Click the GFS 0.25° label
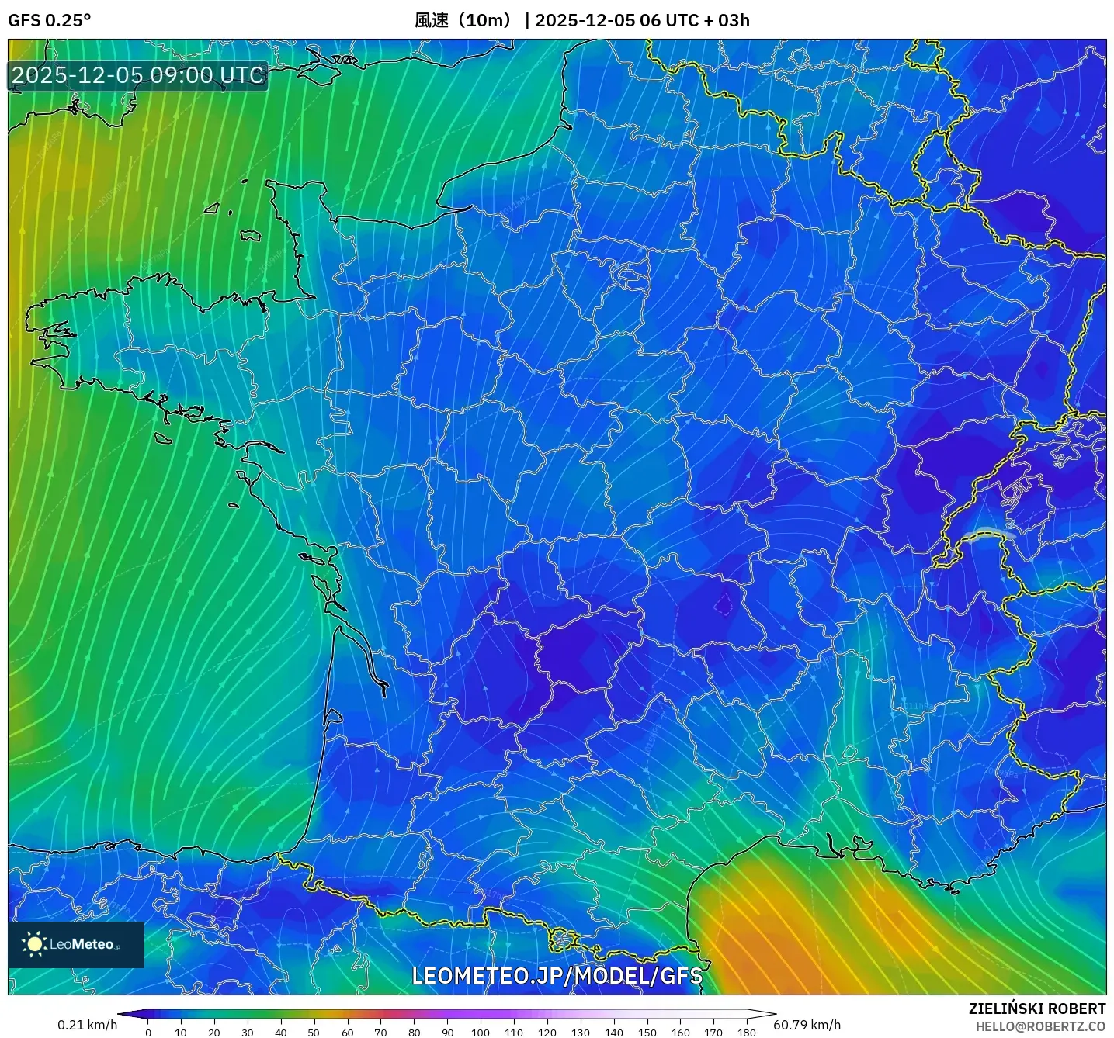pyautogui.click(x=49, y=20)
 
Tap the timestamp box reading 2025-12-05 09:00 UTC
pyautogui.click(x=138, y=75)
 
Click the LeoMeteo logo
pyautogui.click(x=76, y=944)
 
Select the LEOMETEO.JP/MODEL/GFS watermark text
pyautogui.click(x=557, y=975)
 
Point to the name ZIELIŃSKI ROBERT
pyautogui.click(x=1036, y=1009)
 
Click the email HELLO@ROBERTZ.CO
pyautogui.click(x=1040, y=1026)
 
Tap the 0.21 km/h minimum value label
pyautogui.click(x=87, y=1025)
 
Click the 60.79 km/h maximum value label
pyautogui.click(x=807, y=1025)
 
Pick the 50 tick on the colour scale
pyautogui.click(x=314, y=1033)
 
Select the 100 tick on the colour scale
pyautogui.click(x=481, y=1033)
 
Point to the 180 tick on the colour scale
pyautogui.click(x=746, y=1033)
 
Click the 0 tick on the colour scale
pyautogui.click(x=148, y=1033)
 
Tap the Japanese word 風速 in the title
pyautogui.click(x=432, y=20)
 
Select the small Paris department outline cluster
pyautogui.click(x=630, y=273)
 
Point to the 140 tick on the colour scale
pyautogui.click(x=613, y=1033)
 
